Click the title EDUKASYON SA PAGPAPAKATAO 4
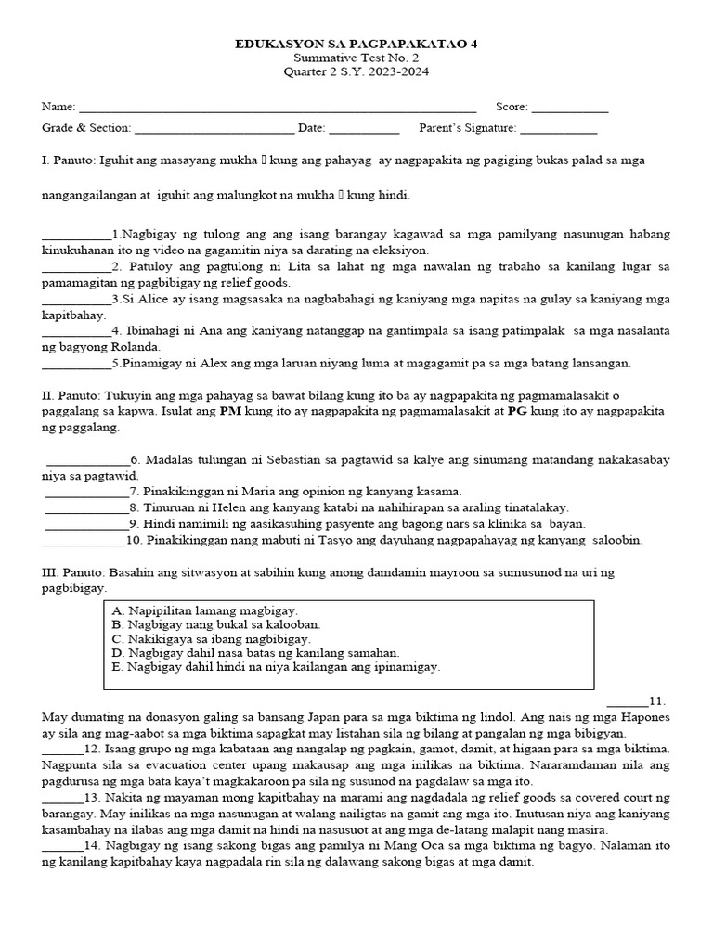pyautogui.click(x=356, y=44)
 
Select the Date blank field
pyautogui.click(x=364, y=130)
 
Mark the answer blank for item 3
pyautogui.click(x=76, y=301)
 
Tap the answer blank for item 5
pyautogui.click(x=76, y=365)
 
